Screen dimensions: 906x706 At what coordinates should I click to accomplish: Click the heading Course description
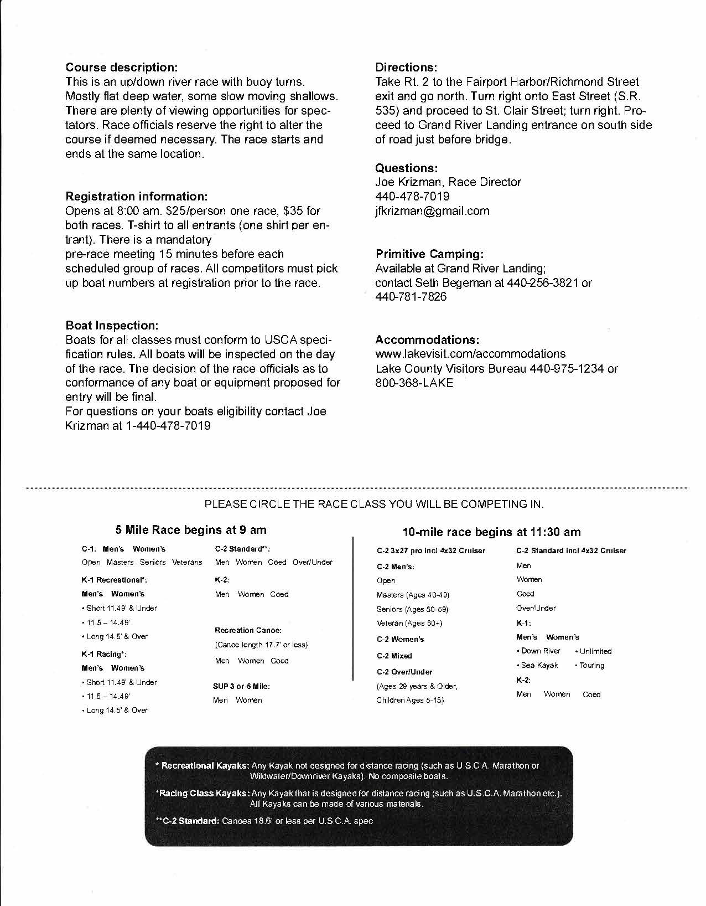pyautogui.click(x=122, y=68)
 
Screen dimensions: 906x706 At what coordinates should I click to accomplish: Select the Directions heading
pyautogui.click(x=406, y=68)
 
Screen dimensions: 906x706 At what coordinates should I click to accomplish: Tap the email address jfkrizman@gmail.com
pyautogui.click(x=432, y=211)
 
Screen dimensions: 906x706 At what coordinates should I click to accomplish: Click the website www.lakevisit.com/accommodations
pyautogui.click(x=470, y=354)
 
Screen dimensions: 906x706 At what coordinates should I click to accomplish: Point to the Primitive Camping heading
pyautogui.click(x=429, y=254)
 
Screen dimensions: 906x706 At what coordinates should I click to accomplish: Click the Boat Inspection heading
pyautogui.click(x=112, y=325)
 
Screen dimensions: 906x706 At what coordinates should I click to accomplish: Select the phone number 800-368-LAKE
pyautogui.click(x=414, y=383)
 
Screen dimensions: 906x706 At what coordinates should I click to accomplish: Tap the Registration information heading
pyautogui.click(x=137, y=197)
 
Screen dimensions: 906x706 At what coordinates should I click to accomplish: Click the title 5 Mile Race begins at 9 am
pyautogui.click(x=191, y=530)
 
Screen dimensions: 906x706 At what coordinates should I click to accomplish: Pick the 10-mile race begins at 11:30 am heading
pyautogui.click(x=492, y=532)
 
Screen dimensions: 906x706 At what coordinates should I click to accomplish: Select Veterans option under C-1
pyautogui.click(x=187, y=563)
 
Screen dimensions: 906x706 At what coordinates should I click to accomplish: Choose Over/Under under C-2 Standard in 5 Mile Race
pyautogui.click(x=313, y=563)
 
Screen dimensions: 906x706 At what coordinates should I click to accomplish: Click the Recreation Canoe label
pyautogui.click(x=248, y=630)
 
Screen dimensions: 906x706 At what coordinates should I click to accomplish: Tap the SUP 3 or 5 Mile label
pyautogui.click(x=241, y=686)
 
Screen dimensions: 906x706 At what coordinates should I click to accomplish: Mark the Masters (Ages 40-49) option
pyautogui.click(x=413, y=595)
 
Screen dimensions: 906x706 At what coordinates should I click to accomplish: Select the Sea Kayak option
pyautogui.click(x=539, y=666)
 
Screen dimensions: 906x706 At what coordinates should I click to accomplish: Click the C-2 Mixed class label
pyautogui.click(x=394, y=656)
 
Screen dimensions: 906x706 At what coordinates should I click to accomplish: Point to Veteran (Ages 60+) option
pyautogui.click(x=409, y=624)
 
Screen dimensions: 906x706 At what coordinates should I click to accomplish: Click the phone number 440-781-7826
pyautogui.click(x=411, y=297)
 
